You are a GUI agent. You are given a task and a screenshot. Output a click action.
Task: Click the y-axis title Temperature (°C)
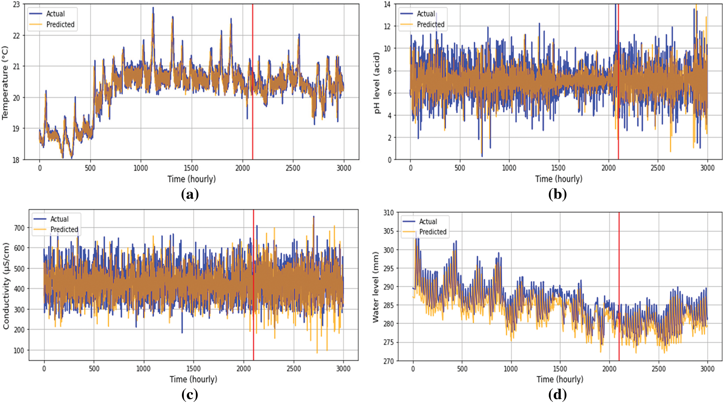(x=5, y=83)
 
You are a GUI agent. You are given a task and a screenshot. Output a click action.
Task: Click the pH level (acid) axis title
(x=377, y=83)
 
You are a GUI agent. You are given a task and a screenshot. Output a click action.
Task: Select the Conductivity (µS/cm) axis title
(x=6, y=286)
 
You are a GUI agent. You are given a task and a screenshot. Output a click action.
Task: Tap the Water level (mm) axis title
(x=376, y=287)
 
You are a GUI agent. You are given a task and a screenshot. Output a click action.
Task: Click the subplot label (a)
(x=190, y=194)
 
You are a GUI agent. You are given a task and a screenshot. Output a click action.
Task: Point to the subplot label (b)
(x=557, y=194)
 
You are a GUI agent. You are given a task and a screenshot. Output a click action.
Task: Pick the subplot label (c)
(x=190, y=394)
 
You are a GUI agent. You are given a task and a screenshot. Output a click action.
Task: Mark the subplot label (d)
(x=557, y=394)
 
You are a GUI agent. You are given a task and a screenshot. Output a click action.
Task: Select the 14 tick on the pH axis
(x=387, y=5)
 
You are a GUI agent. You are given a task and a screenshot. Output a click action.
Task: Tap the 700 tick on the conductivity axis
(x=19, y=228)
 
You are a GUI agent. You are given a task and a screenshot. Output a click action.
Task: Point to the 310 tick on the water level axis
(x=389, y=213)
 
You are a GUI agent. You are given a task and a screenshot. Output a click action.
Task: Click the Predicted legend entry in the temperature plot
(x=60, y=24)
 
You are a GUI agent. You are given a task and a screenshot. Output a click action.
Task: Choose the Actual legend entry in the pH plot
(x=426, y=14)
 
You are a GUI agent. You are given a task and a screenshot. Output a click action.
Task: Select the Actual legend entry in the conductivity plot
(x=59, y=219)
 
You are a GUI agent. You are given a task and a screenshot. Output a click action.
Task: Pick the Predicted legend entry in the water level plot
(x=433, y=232)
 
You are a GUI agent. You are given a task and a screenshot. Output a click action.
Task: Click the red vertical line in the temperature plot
(x=252, y=113)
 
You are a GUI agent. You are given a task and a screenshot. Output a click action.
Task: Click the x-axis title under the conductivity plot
(x=193, y=379)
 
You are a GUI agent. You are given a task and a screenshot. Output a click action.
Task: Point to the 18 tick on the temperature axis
(x=16, y=160)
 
